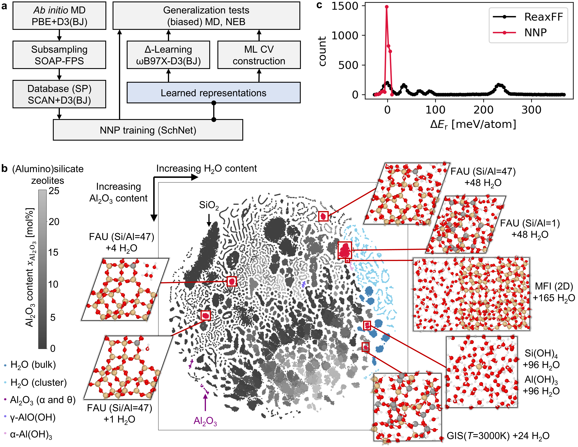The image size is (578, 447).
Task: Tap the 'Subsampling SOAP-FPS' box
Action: coord(59,55)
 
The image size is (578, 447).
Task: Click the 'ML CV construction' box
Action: coord(259,55)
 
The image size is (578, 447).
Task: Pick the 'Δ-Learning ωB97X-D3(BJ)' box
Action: coord(168,55)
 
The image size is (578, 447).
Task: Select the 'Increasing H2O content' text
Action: coord(207,169)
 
